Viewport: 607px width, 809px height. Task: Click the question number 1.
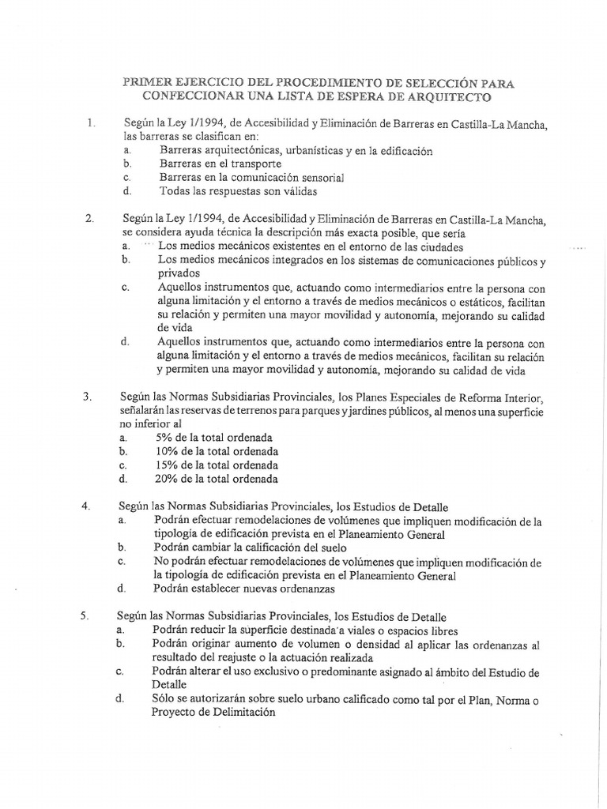tap(91, 123)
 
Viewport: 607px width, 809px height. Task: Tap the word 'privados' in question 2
tap(180, 273)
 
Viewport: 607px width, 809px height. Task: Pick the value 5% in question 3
tap(167, 437)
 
